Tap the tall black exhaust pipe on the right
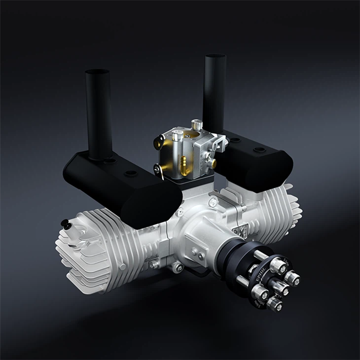pyautogui.click(x=215, y=94)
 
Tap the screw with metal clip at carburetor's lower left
pyautogui.click(x=159, y=170)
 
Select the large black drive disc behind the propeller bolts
pyautogui.click(x=242, y=266)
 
